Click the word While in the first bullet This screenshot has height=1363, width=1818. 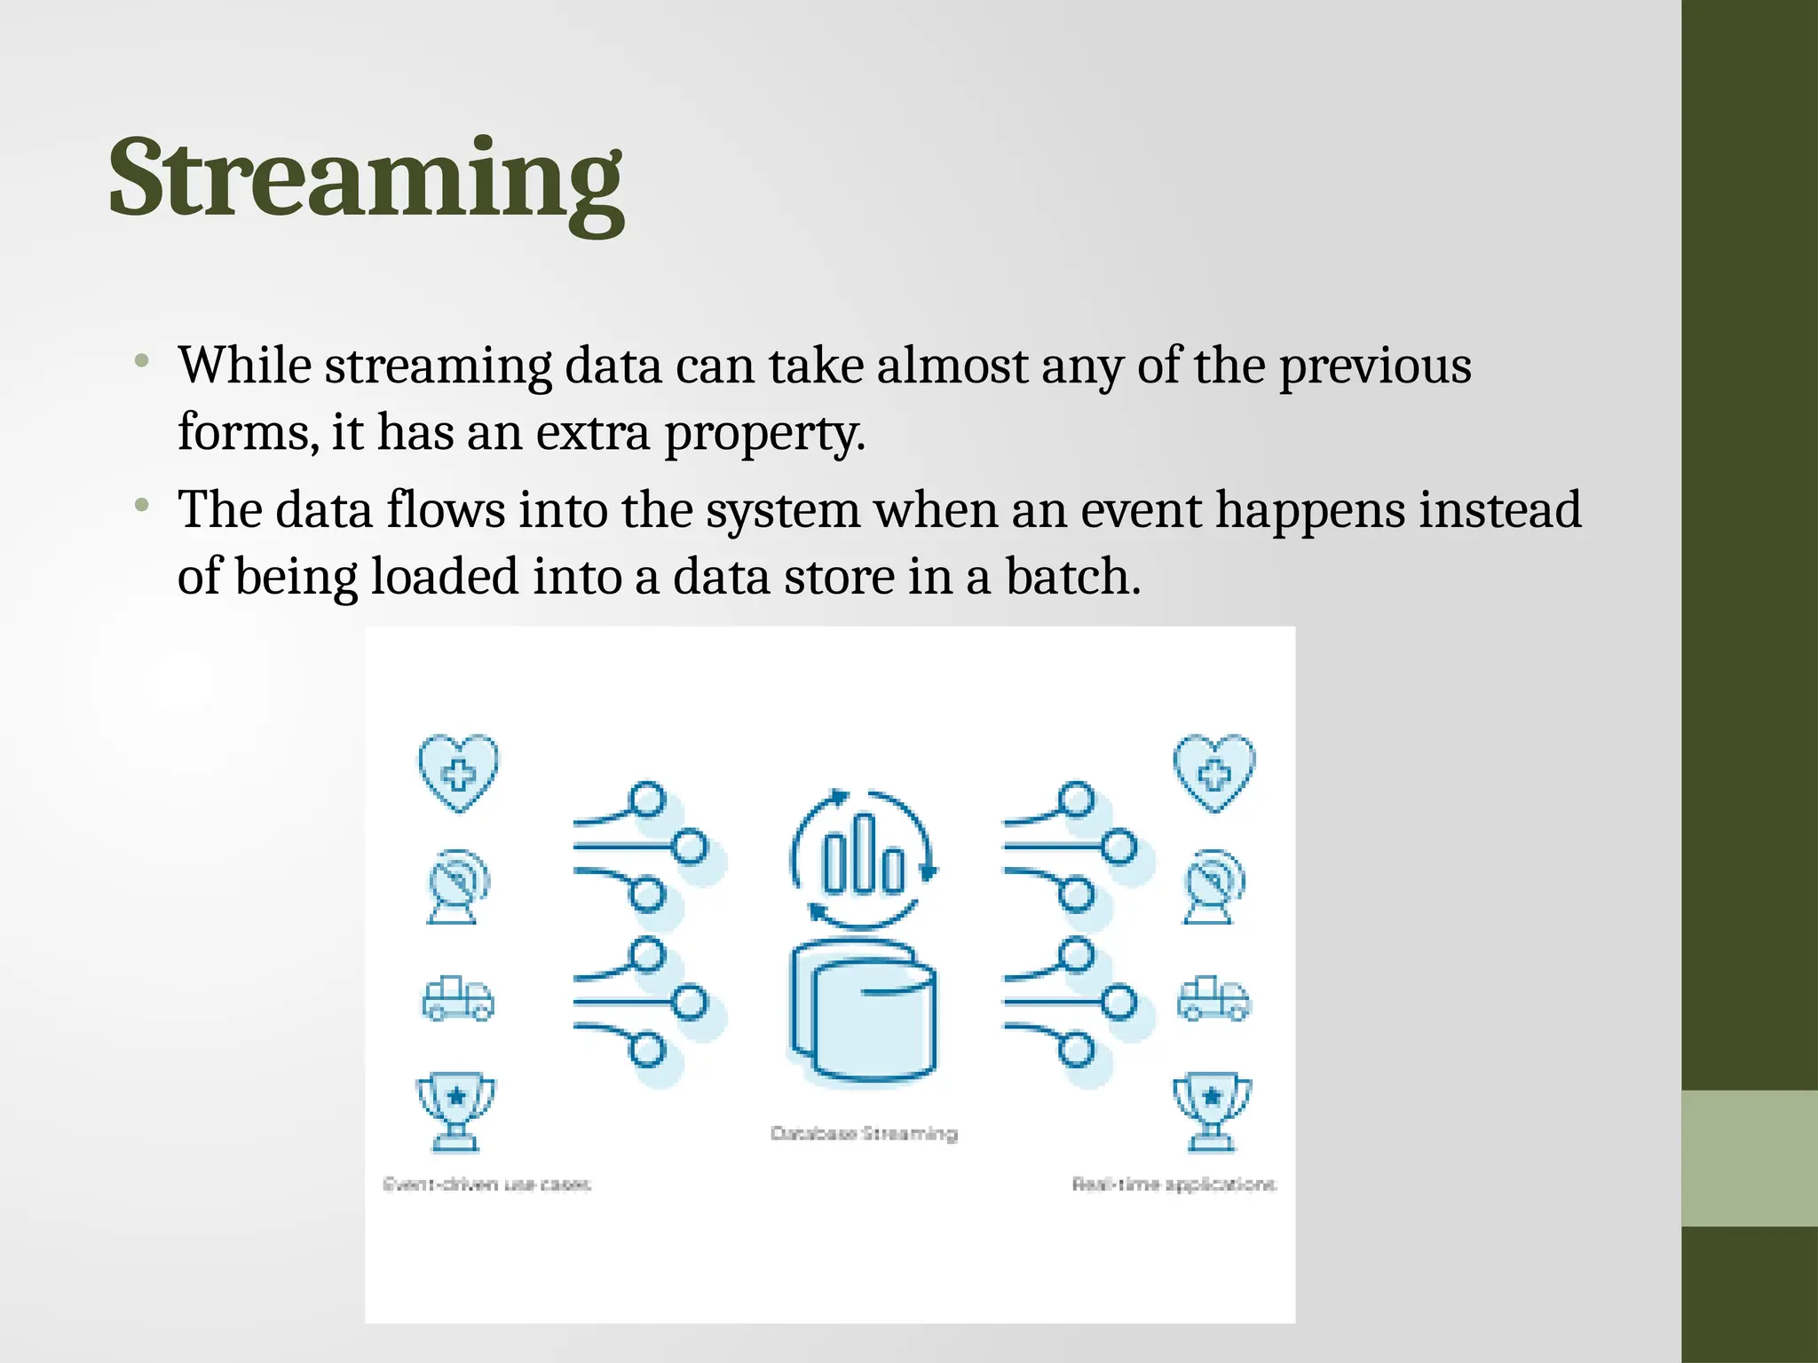[x=244, y=366]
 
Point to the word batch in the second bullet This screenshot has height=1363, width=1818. [x=1071, y=577]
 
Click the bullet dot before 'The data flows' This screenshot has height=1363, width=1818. [x=141, y=506]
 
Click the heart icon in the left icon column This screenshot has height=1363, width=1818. [x=458, y=771]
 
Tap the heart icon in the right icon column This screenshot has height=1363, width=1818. [x=1213, y=771]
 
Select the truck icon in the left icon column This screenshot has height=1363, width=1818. [x=457, y=999]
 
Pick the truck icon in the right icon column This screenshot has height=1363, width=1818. [x=1213, y=999]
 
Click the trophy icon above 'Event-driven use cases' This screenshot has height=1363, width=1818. [x=456, y=1111]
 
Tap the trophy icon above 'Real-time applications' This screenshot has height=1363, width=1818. [x=1213, y=1111]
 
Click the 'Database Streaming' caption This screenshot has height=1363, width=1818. [x=864, y=1133]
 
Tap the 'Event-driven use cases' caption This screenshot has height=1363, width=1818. [x=486, y=1185]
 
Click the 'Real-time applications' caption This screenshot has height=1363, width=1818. [x=1174, y=1185]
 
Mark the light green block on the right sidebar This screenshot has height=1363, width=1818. [x=1749, y=1158]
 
